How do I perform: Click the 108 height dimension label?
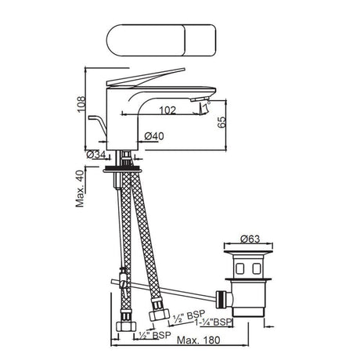(81, 104)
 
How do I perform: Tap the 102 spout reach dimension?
(167, 110)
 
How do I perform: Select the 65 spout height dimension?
(221, 122)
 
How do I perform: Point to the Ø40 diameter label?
(154, 136)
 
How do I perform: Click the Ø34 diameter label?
(96, 154)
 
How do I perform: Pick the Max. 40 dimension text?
(80, 189)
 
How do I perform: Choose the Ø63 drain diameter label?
(250, 239)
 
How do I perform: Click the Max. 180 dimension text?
(199, 340)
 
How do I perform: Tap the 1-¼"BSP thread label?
(214, 322)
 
